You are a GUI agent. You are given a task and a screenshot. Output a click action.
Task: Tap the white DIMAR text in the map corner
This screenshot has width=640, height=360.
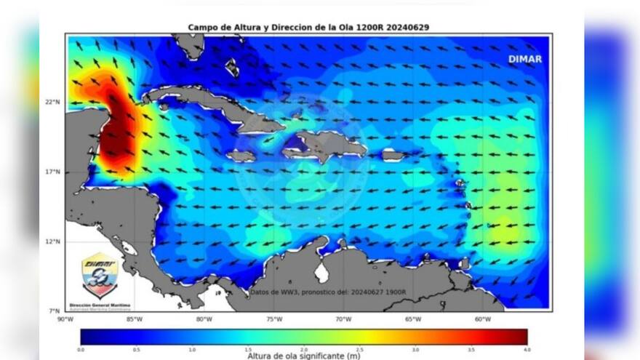[524, 59]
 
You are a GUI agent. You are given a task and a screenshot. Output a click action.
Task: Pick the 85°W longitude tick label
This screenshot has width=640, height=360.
[135, 319]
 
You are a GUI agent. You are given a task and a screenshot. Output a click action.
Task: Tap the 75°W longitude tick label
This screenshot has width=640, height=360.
[273, 319]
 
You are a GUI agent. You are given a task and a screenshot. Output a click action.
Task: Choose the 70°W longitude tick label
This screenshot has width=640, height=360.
[343, 319]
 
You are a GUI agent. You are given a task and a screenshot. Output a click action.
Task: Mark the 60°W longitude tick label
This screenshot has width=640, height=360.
[482, 319]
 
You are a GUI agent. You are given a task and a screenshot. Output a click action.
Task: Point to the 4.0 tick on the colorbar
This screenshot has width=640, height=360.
[527, 349]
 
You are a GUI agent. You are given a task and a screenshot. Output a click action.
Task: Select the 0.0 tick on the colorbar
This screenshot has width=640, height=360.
[81, 349]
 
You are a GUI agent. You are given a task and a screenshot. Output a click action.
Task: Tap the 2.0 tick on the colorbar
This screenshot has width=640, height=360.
[304, 349]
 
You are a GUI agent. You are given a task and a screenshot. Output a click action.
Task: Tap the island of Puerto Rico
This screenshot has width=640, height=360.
[392, 155]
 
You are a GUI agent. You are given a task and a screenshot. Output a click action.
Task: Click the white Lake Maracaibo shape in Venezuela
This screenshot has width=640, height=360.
[321, 273]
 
